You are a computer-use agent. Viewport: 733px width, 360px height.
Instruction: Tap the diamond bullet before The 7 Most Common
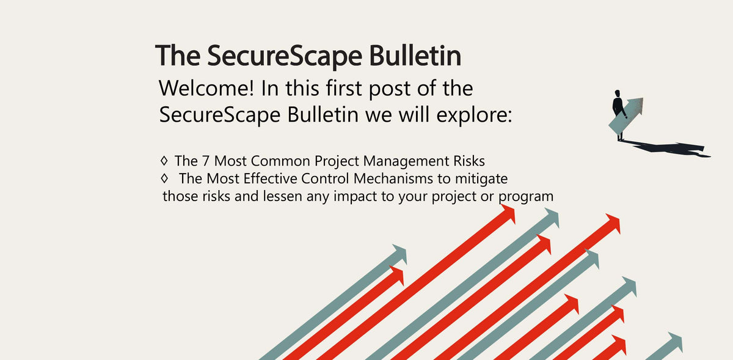(164, 161)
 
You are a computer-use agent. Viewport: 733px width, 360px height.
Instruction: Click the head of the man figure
(618, 93)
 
